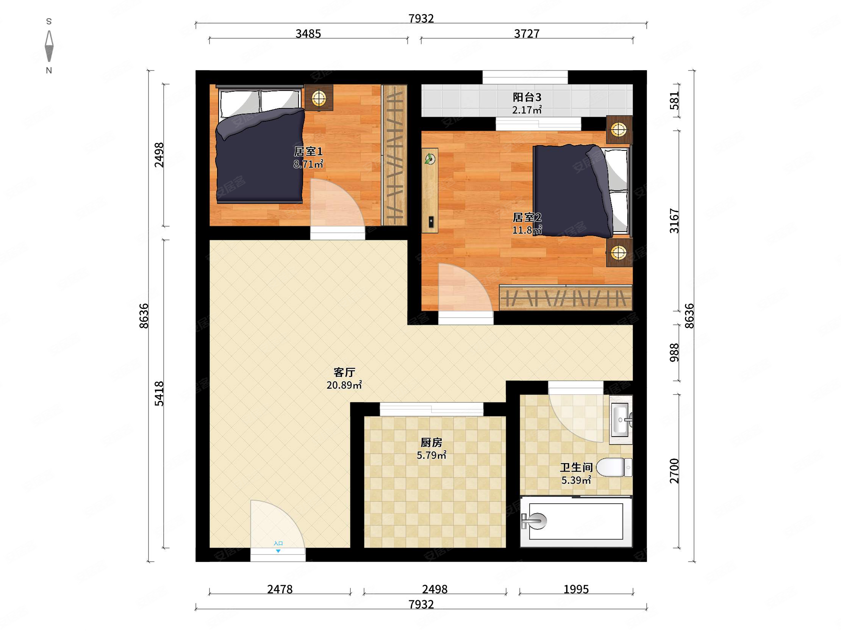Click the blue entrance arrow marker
click(278, 551)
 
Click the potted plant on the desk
click(430, 159)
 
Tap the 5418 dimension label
click(159, 394)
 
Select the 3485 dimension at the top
click(308, 34)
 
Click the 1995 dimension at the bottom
click(576, 590)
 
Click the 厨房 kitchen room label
click(431, 443)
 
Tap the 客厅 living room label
click(344, 372)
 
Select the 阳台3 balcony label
click(527, 97)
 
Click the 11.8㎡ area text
click(527, 230)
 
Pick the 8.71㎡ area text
click(308, 164)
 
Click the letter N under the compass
click(48, 70)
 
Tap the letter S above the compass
click(48, 22)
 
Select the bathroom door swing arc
click(575, 419)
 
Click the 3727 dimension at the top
click(527, 34)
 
